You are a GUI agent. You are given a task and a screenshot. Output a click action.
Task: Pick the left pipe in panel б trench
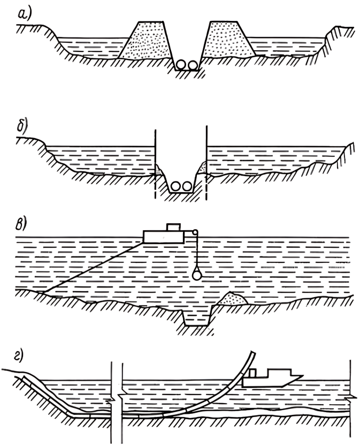pyautogui.click(x=176, y=187)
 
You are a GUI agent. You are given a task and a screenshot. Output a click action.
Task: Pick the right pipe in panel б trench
pyautogui.click(x=187, y=187)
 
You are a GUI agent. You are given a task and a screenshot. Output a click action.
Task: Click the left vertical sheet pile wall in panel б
pyautogui.click(x=155, y=161)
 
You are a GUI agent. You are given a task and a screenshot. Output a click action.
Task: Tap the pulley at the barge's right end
pyautogui.click(x=195, y=232)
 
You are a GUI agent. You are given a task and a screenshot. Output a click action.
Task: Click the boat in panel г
pyautogui.click(x=273, y=378)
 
